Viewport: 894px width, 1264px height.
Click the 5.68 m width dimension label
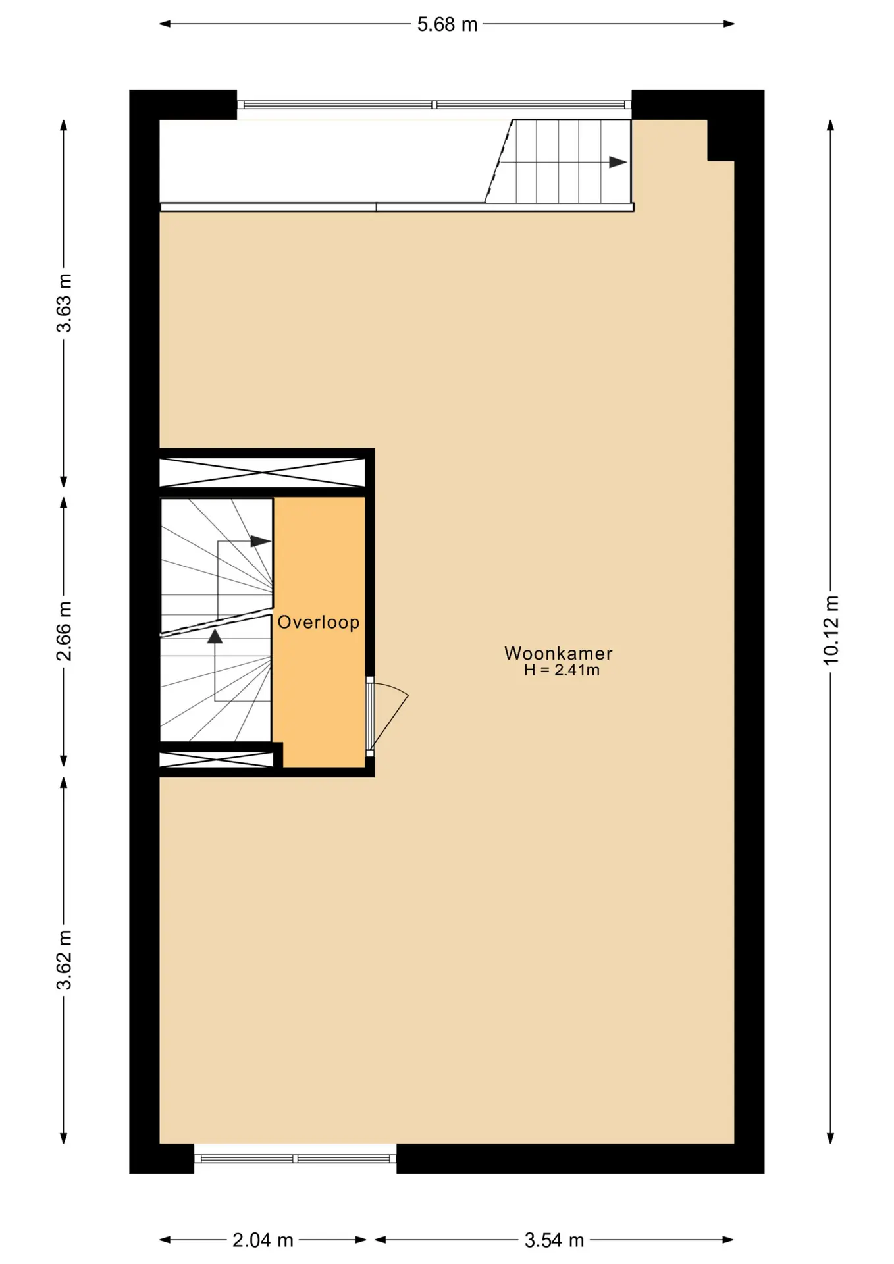(x=447, y=24)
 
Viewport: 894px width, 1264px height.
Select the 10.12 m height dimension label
(x=831, y=630)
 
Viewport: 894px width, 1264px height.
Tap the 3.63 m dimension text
(x=64, y=303)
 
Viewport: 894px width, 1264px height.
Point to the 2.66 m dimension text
(x=64, y=631)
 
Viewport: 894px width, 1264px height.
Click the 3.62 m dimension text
(x=64, y=960)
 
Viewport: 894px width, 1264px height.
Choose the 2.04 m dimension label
(x=263, y=1240)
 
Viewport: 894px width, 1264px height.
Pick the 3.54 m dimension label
(x=554, y=1240)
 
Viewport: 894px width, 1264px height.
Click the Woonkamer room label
(x=558, y=653)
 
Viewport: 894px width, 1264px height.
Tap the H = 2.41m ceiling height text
(x=562, y=670)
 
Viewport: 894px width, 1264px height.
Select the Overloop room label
(x=319, y=622)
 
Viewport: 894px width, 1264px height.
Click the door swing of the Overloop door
(x=395, y=711)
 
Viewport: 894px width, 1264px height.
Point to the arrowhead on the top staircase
(x=618, y=162)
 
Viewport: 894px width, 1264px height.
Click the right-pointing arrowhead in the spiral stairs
(x=261, y=541)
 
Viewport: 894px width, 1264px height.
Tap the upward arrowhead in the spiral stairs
(x=215, y=636)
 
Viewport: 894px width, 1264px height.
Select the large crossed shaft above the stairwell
(x=263, y=473)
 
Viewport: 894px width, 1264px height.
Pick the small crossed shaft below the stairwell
(x=217, y=760)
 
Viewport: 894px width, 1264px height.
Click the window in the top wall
(x=434, y=105)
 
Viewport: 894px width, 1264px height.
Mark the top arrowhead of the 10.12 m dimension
(x=831, y=126)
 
